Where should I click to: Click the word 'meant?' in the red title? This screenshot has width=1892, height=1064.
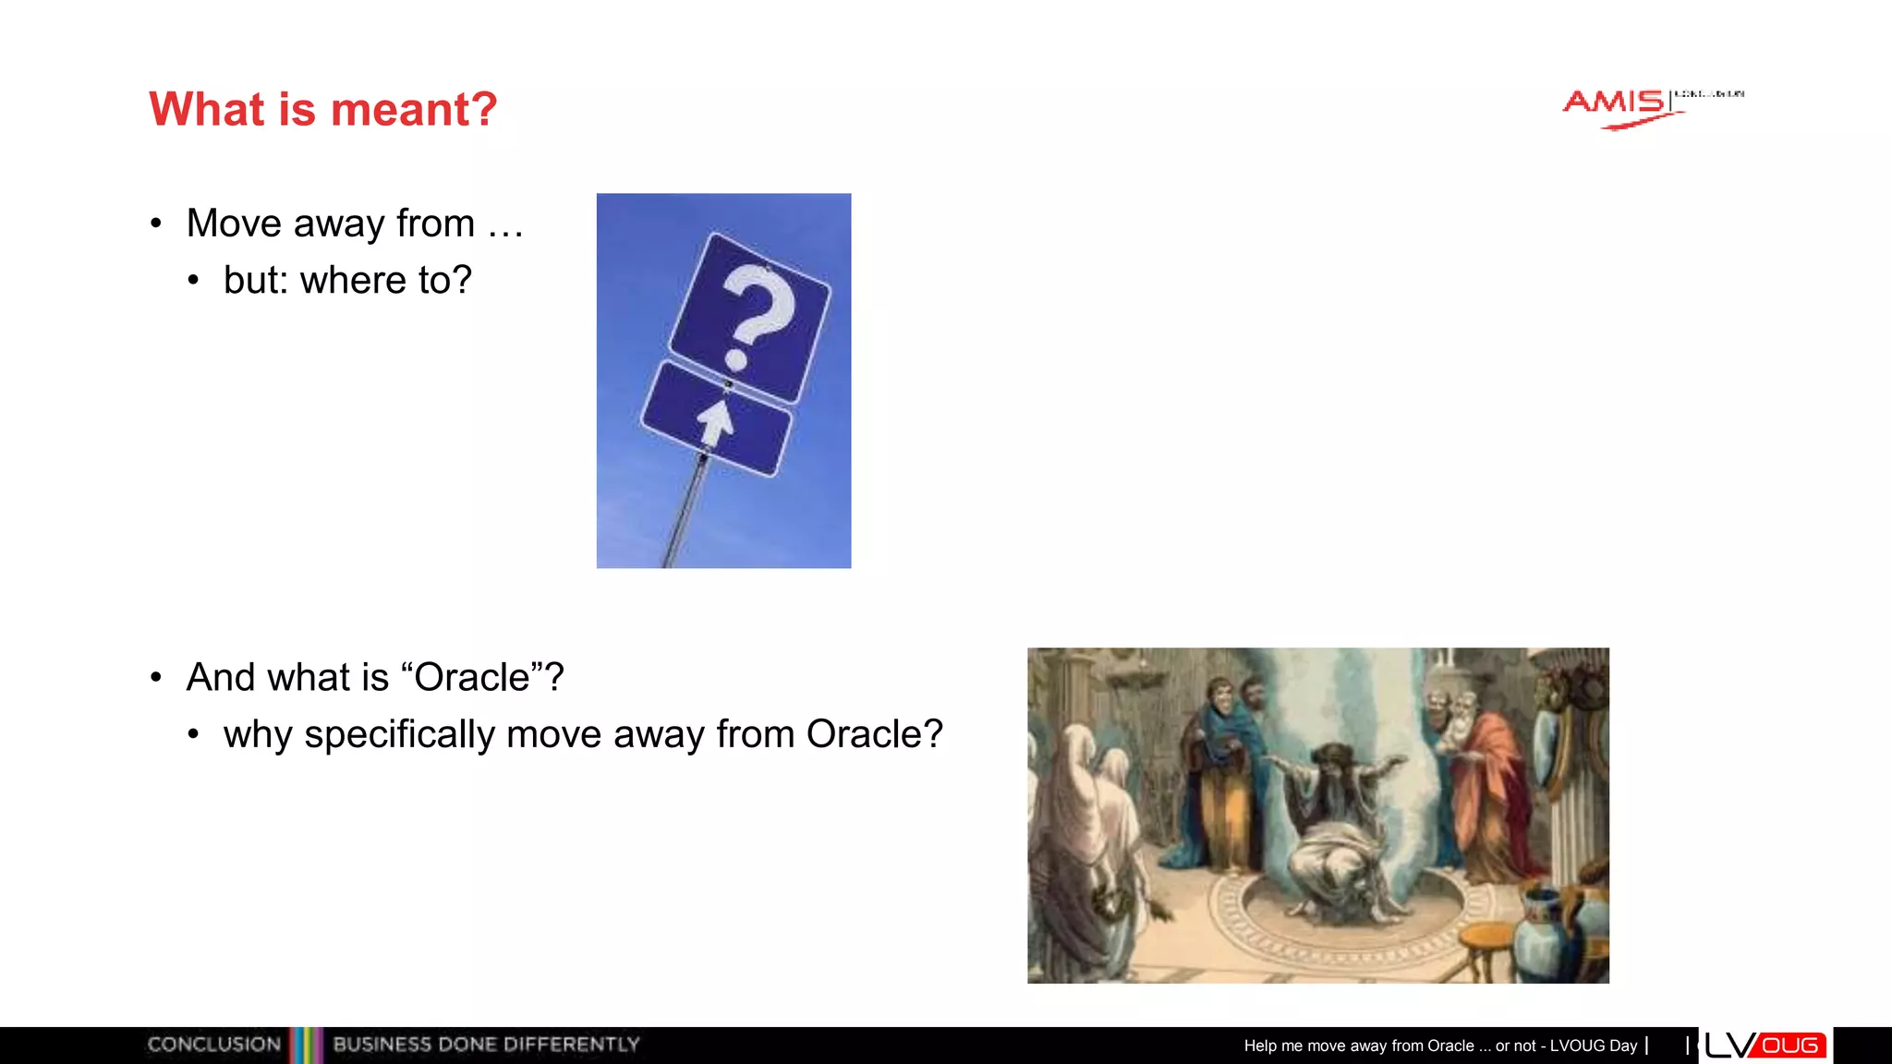click(x=414, y=109)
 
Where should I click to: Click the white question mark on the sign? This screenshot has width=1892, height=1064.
click(x=755, y=313)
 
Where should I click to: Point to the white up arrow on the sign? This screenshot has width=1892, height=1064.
click(x=716, y=421)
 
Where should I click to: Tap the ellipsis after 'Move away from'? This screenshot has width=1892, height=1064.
click(x=505, y=225)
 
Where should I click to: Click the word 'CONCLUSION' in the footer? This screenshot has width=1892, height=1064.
click(x=213, y=1045)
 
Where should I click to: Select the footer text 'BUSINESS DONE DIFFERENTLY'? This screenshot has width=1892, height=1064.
click(x=486, y=1045)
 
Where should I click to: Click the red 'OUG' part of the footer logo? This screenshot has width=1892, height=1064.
click(x=1790, y=1046)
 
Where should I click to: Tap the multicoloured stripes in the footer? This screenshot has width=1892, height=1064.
click(x=307, y=1045)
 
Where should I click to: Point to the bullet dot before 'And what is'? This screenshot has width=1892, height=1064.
click(x=156, y=678)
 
